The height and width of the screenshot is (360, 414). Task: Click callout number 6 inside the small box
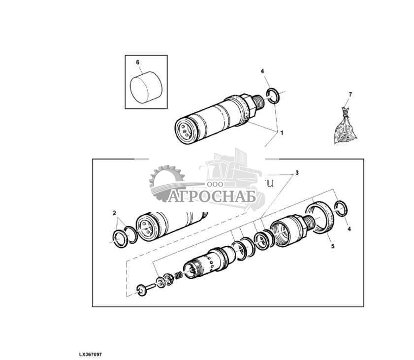137,62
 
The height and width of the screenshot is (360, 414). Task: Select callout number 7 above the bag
350,94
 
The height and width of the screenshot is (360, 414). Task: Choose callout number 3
297,173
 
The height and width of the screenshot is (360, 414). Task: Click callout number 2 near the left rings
114,213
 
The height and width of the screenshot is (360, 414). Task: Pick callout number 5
332,246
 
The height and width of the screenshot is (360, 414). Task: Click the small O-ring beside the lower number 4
341,208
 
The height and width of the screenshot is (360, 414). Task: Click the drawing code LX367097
90,354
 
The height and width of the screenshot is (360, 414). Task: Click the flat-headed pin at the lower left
143,291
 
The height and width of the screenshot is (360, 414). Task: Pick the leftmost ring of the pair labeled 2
119,237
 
